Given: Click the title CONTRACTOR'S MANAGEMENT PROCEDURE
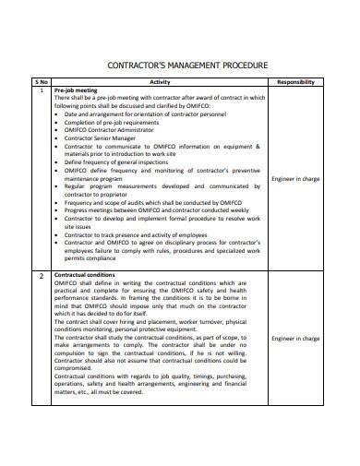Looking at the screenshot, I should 188,66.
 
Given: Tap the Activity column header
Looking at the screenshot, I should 159,82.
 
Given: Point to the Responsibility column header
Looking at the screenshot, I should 296,82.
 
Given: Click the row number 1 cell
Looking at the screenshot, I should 41,90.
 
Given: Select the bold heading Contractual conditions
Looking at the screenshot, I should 85,275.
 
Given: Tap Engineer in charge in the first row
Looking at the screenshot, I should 296,179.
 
